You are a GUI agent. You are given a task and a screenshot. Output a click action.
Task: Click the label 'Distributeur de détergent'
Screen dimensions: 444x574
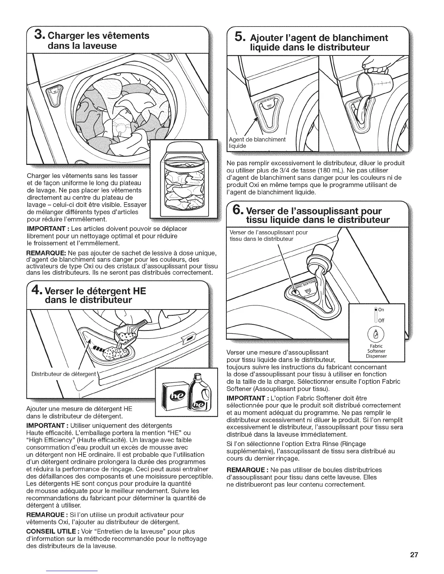tap(64, 374)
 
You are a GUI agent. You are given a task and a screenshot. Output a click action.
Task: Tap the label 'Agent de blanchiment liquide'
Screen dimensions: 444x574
tap(257, 142)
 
